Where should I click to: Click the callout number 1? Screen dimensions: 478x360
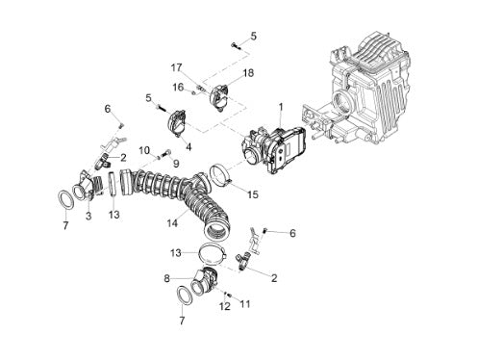281,107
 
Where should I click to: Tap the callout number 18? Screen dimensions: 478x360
248,73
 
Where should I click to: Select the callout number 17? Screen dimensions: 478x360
176,67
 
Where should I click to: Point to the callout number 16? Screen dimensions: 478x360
178,87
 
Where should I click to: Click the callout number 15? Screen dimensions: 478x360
253,194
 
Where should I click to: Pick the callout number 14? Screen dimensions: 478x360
172,223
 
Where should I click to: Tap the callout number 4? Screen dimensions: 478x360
189,147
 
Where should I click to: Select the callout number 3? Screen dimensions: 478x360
88,216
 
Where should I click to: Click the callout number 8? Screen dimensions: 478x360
166,278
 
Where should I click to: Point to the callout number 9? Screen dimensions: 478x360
176,164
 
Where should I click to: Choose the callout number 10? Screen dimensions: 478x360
144,150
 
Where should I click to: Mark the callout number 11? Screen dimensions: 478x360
244,303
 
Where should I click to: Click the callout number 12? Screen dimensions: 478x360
225,306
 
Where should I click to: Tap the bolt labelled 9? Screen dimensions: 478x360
167,153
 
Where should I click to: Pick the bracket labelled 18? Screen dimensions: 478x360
219,96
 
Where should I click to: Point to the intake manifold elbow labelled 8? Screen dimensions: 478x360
205,282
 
